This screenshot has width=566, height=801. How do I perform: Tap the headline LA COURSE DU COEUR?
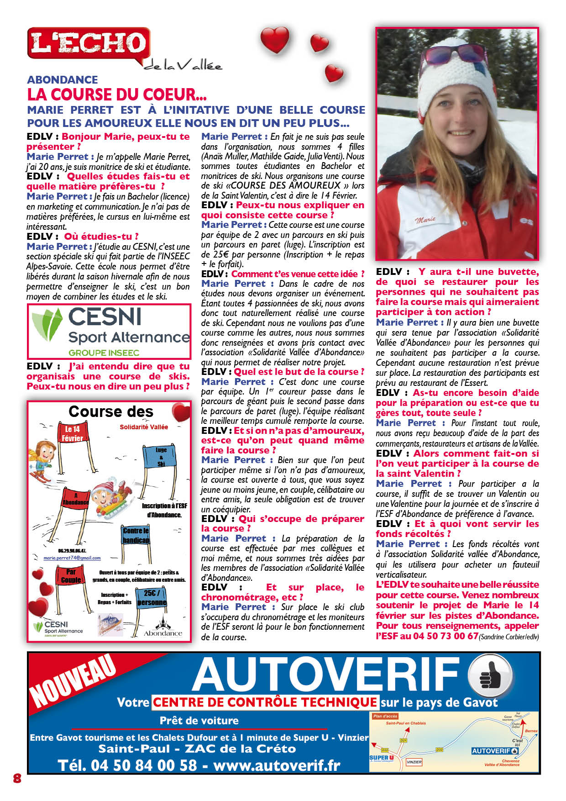pyautogui.click(x=117, y=95)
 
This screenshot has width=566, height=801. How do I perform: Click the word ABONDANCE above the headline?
pyautogui.click(x=63, y=80)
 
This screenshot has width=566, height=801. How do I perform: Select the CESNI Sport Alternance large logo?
pyautogui.click(x=109, y=332)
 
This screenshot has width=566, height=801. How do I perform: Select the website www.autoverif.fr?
pyautogui.click(x=277, y=765)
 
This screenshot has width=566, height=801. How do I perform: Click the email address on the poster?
pyautogui.click(x=72, y=558)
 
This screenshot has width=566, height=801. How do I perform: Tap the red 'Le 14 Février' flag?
pyautogui.click(x=73, y=434)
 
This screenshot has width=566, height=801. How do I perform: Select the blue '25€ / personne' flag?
pyautogui.click(x=152, y=597)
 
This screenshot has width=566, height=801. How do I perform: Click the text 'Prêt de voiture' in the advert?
pyautogui.click(x=199, y=721)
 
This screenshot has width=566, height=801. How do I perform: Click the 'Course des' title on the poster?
pyautogui.click(x=111, y=411)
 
